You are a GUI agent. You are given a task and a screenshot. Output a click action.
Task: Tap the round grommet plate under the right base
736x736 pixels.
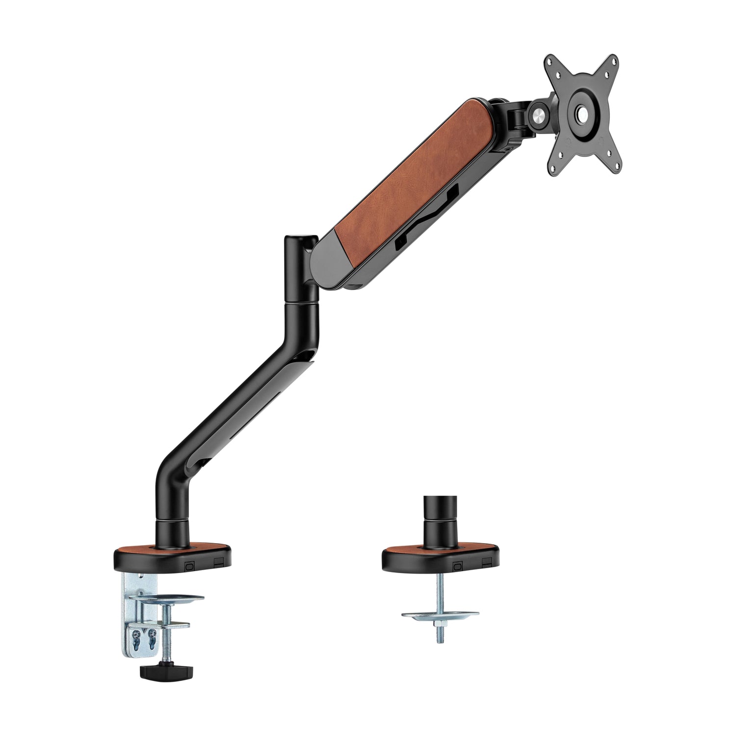[440, 614]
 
